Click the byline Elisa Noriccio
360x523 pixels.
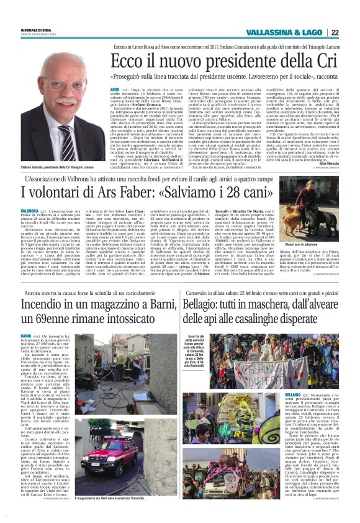tap(326, 162)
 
